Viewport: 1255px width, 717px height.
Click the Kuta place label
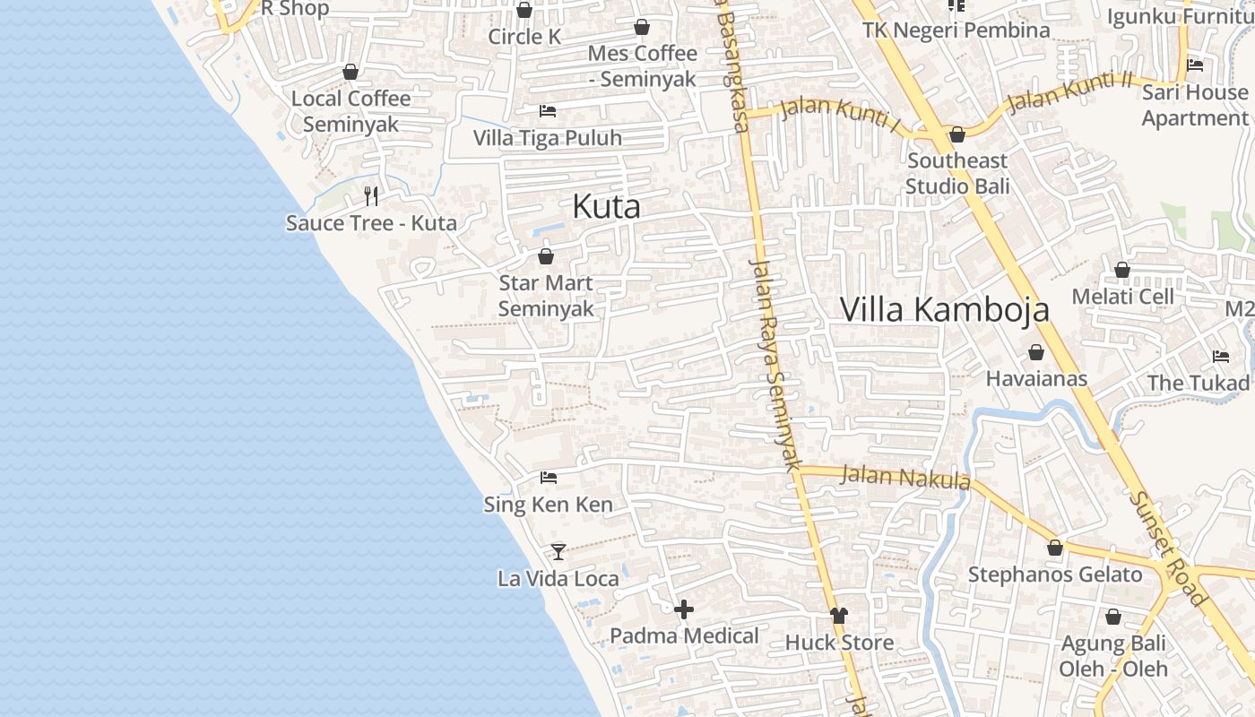tap(606, 207)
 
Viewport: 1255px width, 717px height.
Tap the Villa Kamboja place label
tap(944, 309)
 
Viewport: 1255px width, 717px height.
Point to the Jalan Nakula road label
tap(904, 476)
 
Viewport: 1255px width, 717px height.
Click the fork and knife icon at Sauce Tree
tap(371, 195)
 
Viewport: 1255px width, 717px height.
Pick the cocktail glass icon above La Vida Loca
tap(558, 551)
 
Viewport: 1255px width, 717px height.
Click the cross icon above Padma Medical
tap(684, 610)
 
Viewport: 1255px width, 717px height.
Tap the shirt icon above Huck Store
tap(839, 616)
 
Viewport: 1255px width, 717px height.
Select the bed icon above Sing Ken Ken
tap(549, 478)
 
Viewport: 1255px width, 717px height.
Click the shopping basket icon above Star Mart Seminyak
tap(545, 257)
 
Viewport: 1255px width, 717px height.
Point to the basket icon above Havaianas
tap(1036, 352)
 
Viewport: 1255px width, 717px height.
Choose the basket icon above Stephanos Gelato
tap(1055, 548)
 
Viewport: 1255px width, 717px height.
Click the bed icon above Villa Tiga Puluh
tap(548, 111)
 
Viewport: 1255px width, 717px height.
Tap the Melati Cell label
tap(1122, 297)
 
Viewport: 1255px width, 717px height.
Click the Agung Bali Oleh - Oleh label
tap(1113, 656)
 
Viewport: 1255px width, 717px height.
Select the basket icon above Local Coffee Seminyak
tap(351, 72)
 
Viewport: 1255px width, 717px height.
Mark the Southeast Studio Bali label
tap(956, 173)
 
